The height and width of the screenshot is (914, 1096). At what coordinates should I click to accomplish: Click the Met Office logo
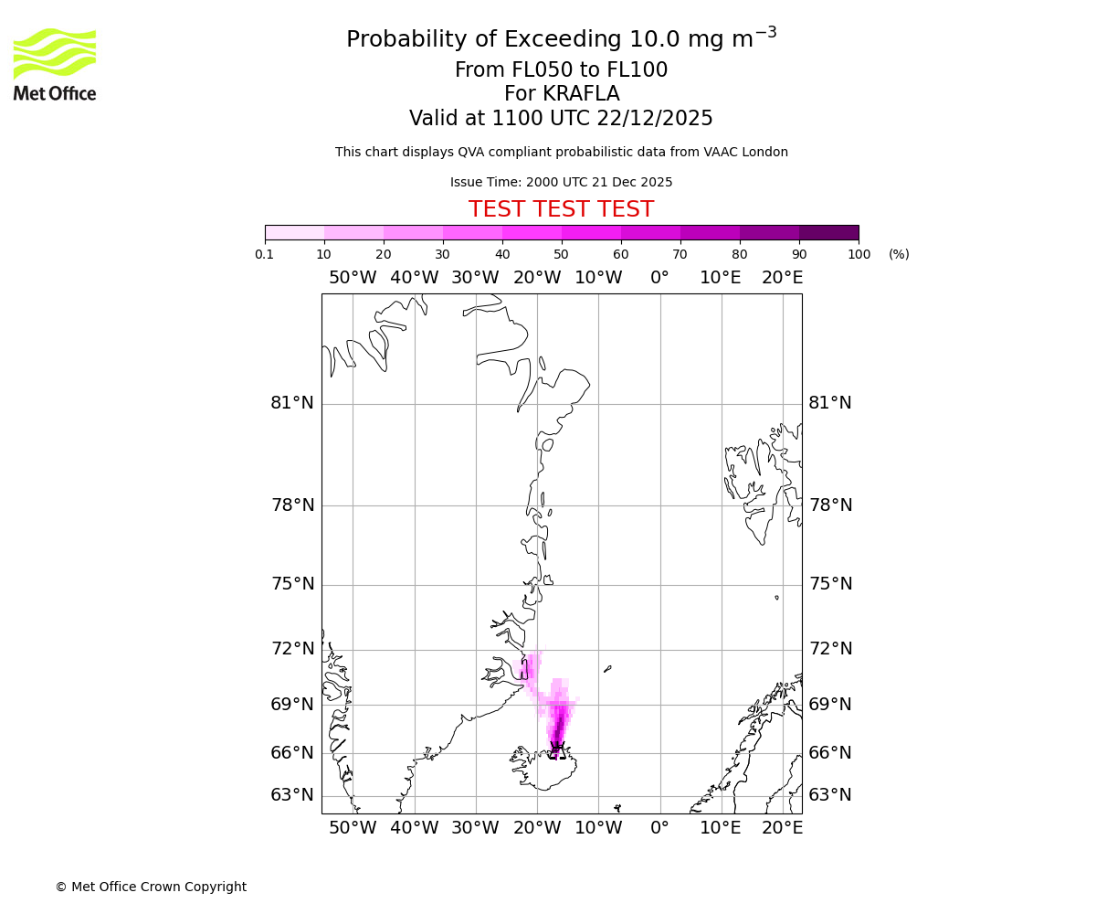coord(55,64)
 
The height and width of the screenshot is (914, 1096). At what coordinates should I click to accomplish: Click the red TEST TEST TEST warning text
coord(561,209)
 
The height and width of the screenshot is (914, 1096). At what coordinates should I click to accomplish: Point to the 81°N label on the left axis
coord(292,403)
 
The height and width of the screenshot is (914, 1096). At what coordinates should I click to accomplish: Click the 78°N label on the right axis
coord(830,505)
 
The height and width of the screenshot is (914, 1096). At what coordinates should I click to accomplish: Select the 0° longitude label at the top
coord(659,278)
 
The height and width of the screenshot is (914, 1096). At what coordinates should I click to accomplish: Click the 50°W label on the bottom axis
coord(353,828)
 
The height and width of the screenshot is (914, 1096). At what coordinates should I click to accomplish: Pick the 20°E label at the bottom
coord(783,828)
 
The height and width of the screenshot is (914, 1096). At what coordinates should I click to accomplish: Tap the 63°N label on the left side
coord(292,795)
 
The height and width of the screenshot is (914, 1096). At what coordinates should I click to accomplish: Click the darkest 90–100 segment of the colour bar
coord(828,232)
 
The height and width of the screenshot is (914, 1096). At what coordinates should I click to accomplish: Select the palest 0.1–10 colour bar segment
coord(295,232)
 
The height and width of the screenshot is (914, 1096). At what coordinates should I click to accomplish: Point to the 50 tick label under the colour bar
coord(561,254)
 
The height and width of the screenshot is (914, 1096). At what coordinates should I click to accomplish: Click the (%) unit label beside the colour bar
coord(899,254)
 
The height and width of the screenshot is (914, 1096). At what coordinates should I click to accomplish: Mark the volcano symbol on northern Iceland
coord(556,749)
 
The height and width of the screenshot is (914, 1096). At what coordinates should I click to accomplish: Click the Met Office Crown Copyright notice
coord(151,887)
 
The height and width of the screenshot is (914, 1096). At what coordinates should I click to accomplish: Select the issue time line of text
coord(561,182)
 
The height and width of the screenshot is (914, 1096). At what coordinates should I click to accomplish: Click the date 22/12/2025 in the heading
coord(655,118)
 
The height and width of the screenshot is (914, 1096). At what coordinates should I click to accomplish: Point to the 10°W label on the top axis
coord(598,278)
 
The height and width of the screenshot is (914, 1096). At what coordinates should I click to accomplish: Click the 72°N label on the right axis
coord(830,649)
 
